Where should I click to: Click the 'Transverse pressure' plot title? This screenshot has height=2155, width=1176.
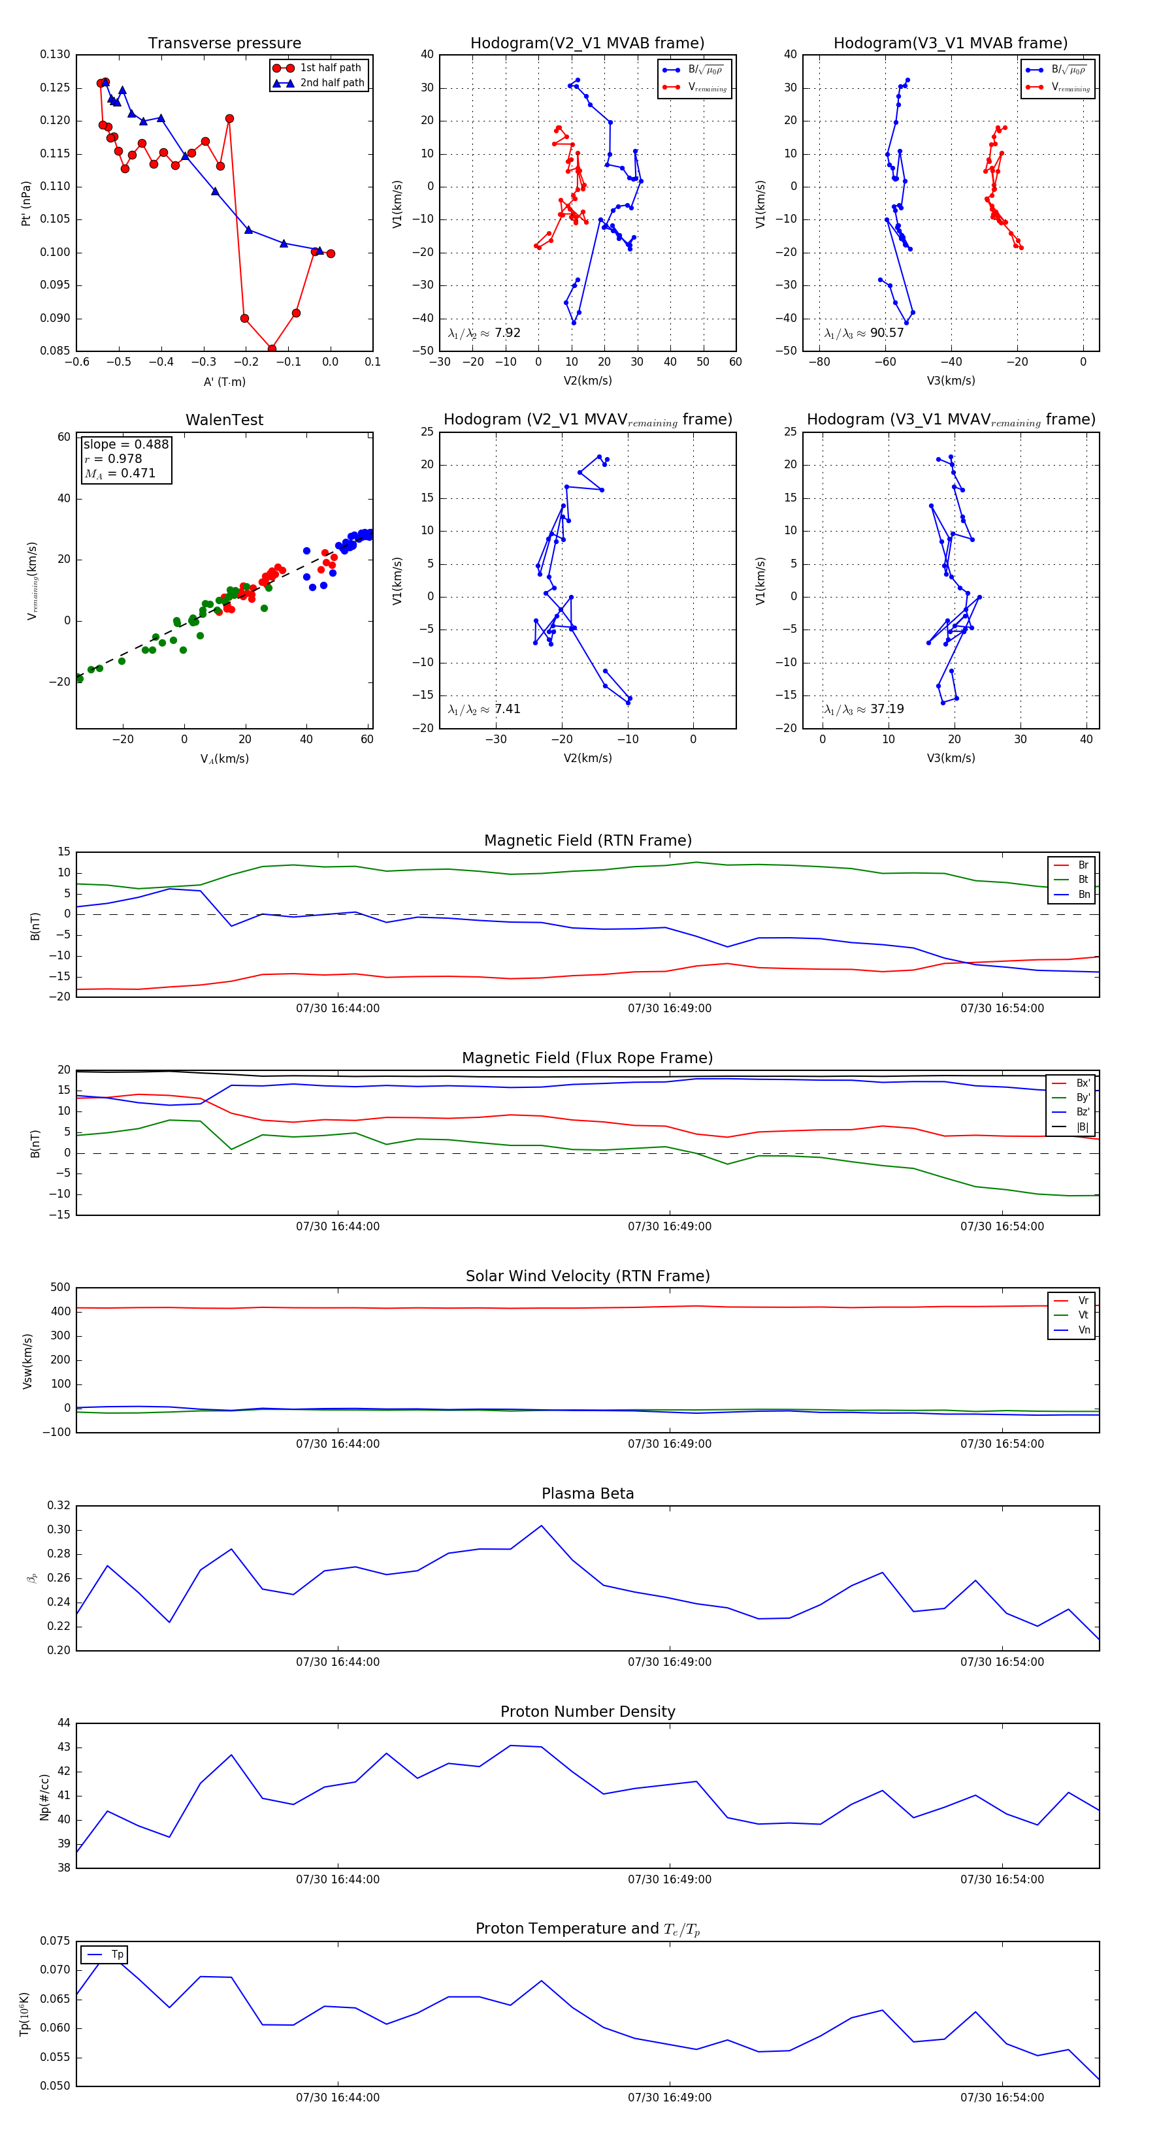224,44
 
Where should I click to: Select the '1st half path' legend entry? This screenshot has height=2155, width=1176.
330,68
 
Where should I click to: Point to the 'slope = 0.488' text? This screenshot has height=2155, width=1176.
125,444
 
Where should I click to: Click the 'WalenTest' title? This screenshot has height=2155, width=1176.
224,420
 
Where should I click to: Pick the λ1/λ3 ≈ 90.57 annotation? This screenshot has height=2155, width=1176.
864,333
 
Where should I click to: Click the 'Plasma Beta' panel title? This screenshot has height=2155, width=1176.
587,1493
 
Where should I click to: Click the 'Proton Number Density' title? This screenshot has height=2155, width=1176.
587,1712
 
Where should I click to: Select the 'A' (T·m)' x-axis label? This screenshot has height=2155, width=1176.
224,381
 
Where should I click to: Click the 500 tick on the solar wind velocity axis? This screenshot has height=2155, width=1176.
60,1288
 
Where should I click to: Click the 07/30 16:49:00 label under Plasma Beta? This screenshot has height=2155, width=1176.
670,1662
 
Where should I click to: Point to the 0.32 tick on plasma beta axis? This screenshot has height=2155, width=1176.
59,1505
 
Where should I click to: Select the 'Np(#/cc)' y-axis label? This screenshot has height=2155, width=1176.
44,1796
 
